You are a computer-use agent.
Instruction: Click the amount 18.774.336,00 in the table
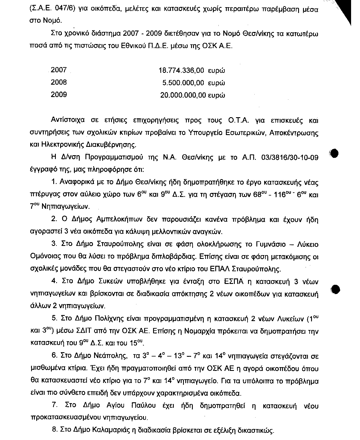coord(181,70)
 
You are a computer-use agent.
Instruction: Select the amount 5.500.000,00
coord(183,83)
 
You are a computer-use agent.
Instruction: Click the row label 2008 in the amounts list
coord(59,82)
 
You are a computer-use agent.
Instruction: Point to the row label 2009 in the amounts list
coord(59,95)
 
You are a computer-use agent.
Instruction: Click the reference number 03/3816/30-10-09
coord(290,158)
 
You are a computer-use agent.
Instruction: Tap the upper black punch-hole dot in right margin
coord(334,153)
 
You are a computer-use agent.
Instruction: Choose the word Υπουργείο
coord(202,132)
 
